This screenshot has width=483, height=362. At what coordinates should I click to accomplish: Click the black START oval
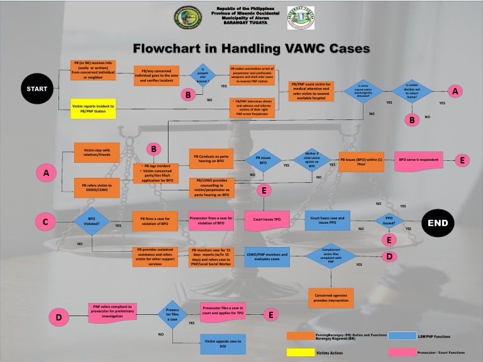(x=36, y=89)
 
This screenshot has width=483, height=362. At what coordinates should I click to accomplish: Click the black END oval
(x=438, y=222)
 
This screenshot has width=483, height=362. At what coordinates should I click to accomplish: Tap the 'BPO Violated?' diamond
(x=92, y=222)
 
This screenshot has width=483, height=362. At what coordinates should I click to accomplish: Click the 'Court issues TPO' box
(x=267, y=220)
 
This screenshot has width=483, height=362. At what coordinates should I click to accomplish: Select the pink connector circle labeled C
(x=45, y=222)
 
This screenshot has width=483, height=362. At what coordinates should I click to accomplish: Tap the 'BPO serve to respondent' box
(x=418, y=160)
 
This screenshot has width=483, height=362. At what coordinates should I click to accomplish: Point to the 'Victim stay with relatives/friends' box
(x=97, y=152)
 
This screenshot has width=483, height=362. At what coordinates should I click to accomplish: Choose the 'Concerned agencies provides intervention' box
(x=331, y=297)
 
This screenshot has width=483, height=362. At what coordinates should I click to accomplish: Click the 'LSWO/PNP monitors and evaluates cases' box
(x=267, y=256)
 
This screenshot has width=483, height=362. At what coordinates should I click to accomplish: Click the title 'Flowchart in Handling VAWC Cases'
(x=241, y=48)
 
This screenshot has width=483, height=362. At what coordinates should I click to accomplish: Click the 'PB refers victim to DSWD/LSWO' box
(x=97, y=187)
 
